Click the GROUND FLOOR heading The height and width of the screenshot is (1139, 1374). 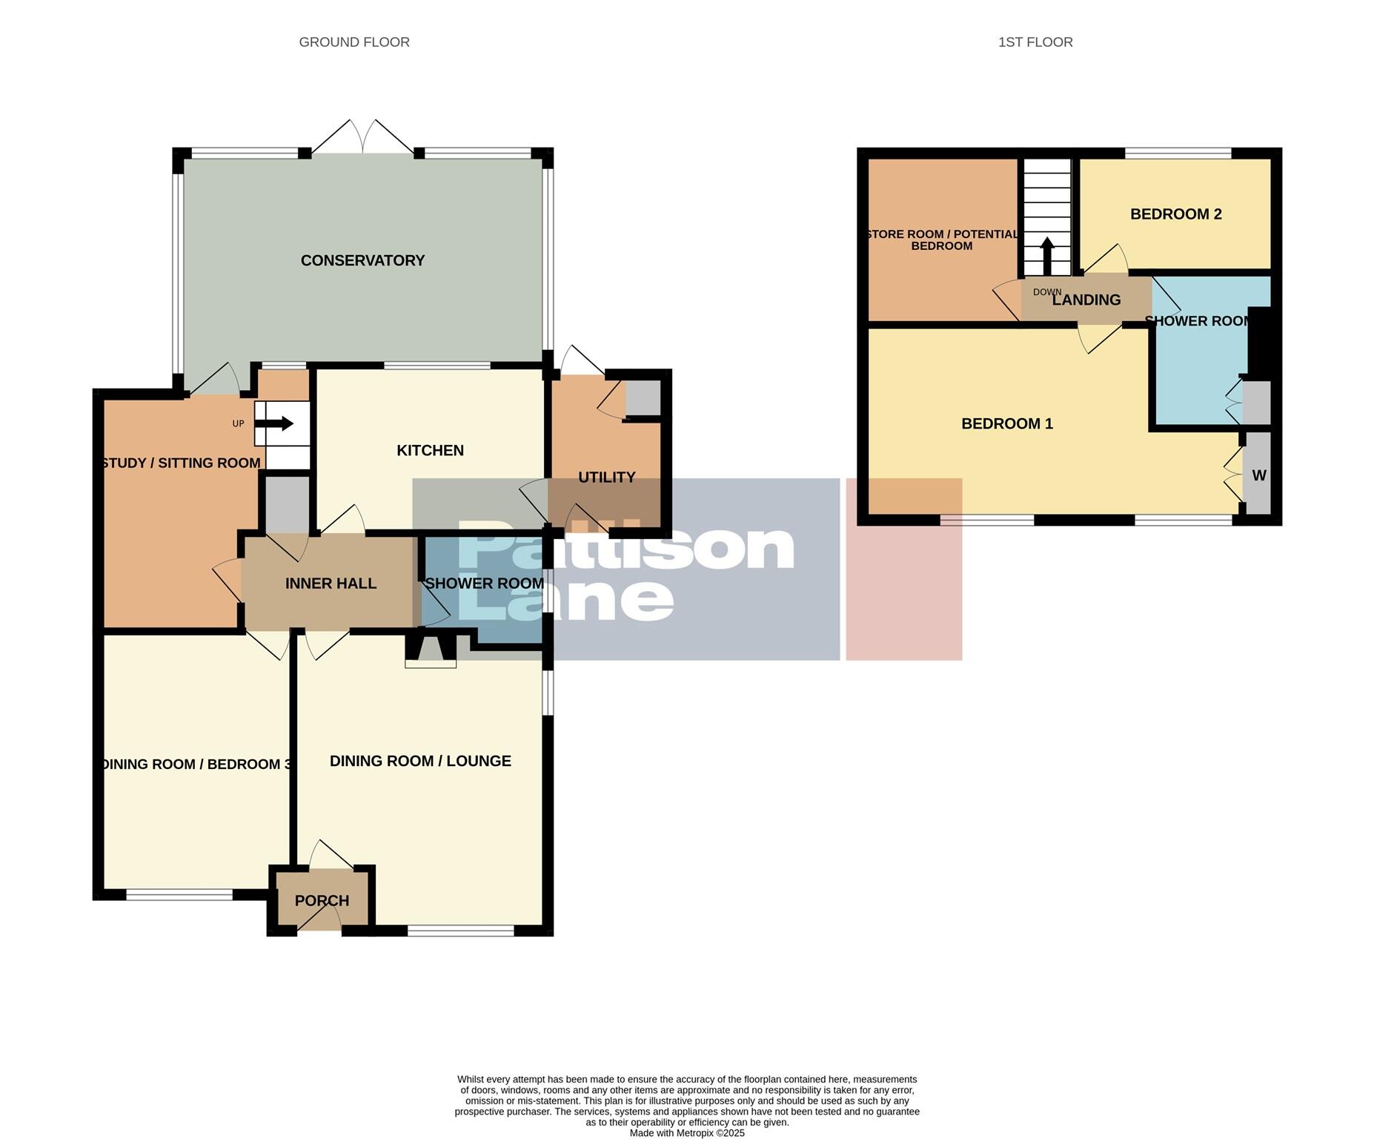[354, 42]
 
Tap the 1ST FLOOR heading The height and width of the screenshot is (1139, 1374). [1035, 42]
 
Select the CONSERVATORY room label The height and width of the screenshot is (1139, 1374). [362, 260]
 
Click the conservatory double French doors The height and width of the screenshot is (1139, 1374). [362, 138]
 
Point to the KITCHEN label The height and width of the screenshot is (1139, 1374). [430, 450]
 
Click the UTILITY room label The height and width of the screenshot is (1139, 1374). [606, 477]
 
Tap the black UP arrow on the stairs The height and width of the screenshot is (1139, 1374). [275, 423]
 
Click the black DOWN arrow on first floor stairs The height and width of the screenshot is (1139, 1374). [1046, 256]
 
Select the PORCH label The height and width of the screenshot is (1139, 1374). [322, 900]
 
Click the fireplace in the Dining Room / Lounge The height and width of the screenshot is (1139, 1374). [431, 650]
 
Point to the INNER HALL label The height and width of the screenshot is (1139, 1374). [331, 584]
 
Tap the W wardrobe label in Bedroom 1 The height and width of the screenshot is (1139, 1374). [1258, 475]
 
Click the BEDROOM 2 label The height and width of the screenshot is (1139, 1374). [1175, 214]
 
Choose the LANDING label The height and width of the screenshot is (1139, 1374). [1086, 300]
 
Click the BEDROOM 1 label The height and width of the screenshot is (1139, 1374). [1006, 423]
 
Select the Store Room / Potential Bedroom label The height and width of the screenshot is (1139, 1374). [942, 240]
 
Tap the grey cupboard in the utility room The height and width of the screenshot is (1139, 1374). [643, 399]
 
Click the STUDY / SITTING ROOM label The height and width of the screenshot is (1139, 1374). [182, 463]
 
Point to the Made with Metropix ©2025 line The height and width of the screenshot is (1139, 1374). [686, 1132]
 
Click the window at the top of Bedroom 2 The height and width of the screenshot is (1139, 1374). [1178, 153]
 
